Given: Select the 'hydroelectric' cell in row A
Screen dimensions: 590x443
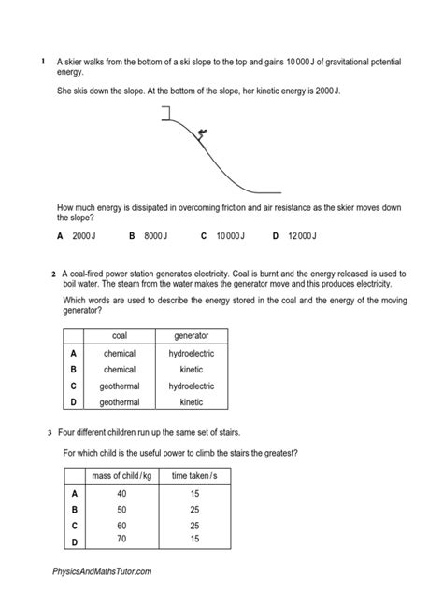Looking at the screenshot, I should (191, 354).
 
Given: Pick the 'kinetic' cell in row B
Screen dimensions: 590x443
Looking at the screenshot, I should (191, 370).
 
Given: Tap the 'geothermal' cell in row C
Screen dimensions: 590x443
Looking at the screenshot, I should (120, 386).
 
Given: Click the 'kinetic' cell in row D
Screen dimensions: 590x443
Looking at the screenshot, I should (191, 402).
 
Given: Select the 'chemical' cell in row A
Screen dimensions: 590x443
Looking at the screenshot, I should (120, 354).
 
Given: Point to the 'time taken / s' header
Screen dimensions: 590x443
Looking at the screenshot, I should (193, 477).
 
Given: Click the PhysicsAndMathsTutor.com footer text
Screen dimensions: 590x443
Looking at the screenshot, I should (96, 570).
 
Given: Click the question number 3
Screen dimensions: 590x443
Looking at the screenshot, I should (49, 433).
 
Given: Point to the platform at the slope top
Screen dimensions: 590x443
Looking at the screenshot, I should (167, 109).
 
